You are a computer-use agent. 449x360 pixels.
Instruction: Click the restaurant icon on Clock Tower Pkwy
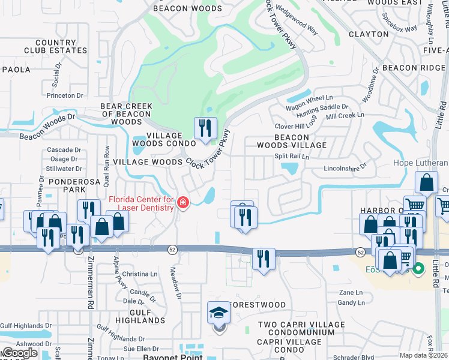[x=205, y=128]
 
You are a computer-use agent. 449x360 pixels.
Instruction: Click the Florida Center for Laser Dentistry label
[x=141, y=203]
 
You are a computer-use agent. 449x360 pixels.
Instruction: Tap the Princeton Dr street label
[x=64, y=95]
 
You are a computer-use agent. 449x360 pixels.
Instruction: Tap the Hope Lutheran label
[x=420, y=163]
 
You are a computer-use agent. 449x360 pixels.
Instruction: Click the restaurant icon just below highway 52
[x=264, y=260]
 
